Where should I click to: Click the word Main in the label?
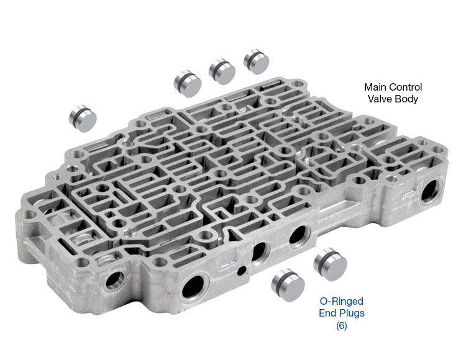[375, 88]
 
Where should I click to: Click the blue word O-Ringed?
[342, 301]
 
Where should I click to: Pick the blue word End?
[327, 313]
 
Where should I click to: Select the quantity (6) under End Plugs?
[342, 326]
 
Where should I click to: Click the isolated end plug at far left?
[83, 119]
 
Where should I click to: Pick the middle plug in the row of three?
[222, 71]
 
